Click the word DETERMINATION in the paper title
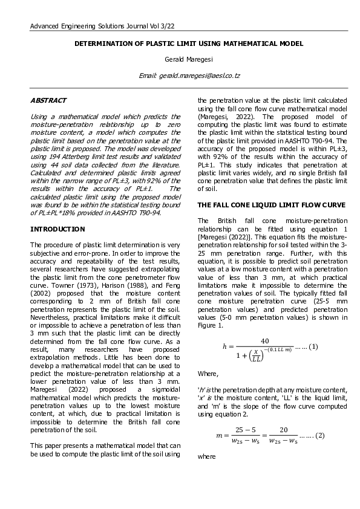[x=106, y=44]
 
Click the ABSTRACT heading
[x=48, y=100]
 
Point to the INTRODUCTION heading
[x=57, y=229]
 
